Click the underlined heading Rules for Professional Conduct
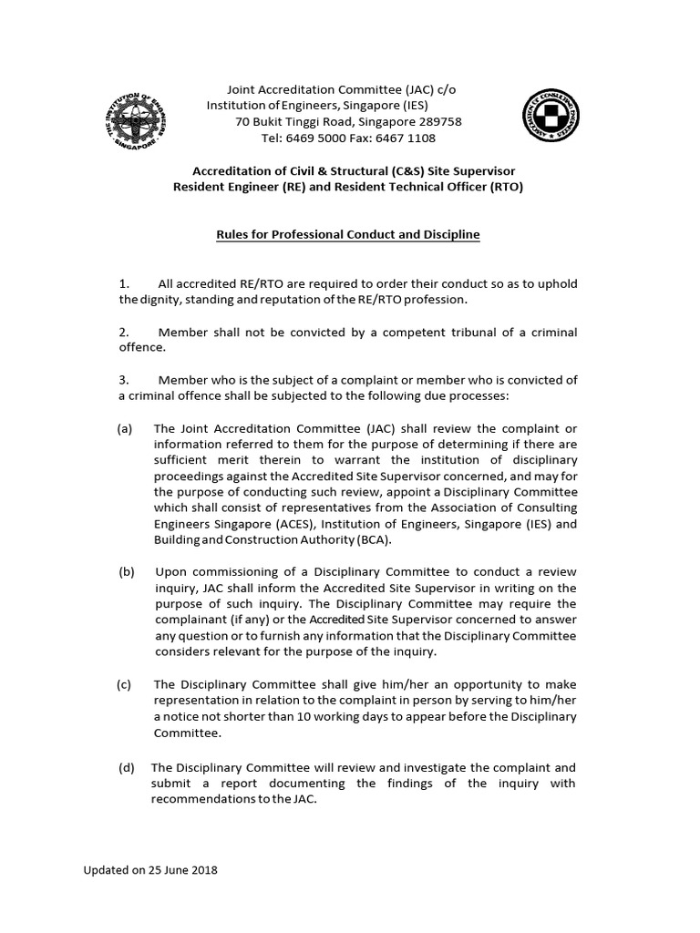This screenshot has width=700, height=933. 347,235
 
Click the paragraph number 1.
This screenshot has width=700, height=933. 125,283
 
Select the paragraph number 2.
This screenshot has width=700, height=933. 125,333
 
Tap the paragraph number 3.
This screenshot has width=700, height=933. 125,380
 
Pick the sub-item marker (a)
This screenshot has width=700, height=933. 126,428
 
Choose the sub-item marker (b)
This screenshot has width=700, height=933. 126,572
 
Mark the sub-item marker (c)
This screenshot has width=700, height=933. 126,684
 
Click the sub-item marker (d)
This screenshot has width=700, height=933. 126,768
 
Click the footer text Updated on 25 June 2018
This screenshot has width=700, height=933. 150,870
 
